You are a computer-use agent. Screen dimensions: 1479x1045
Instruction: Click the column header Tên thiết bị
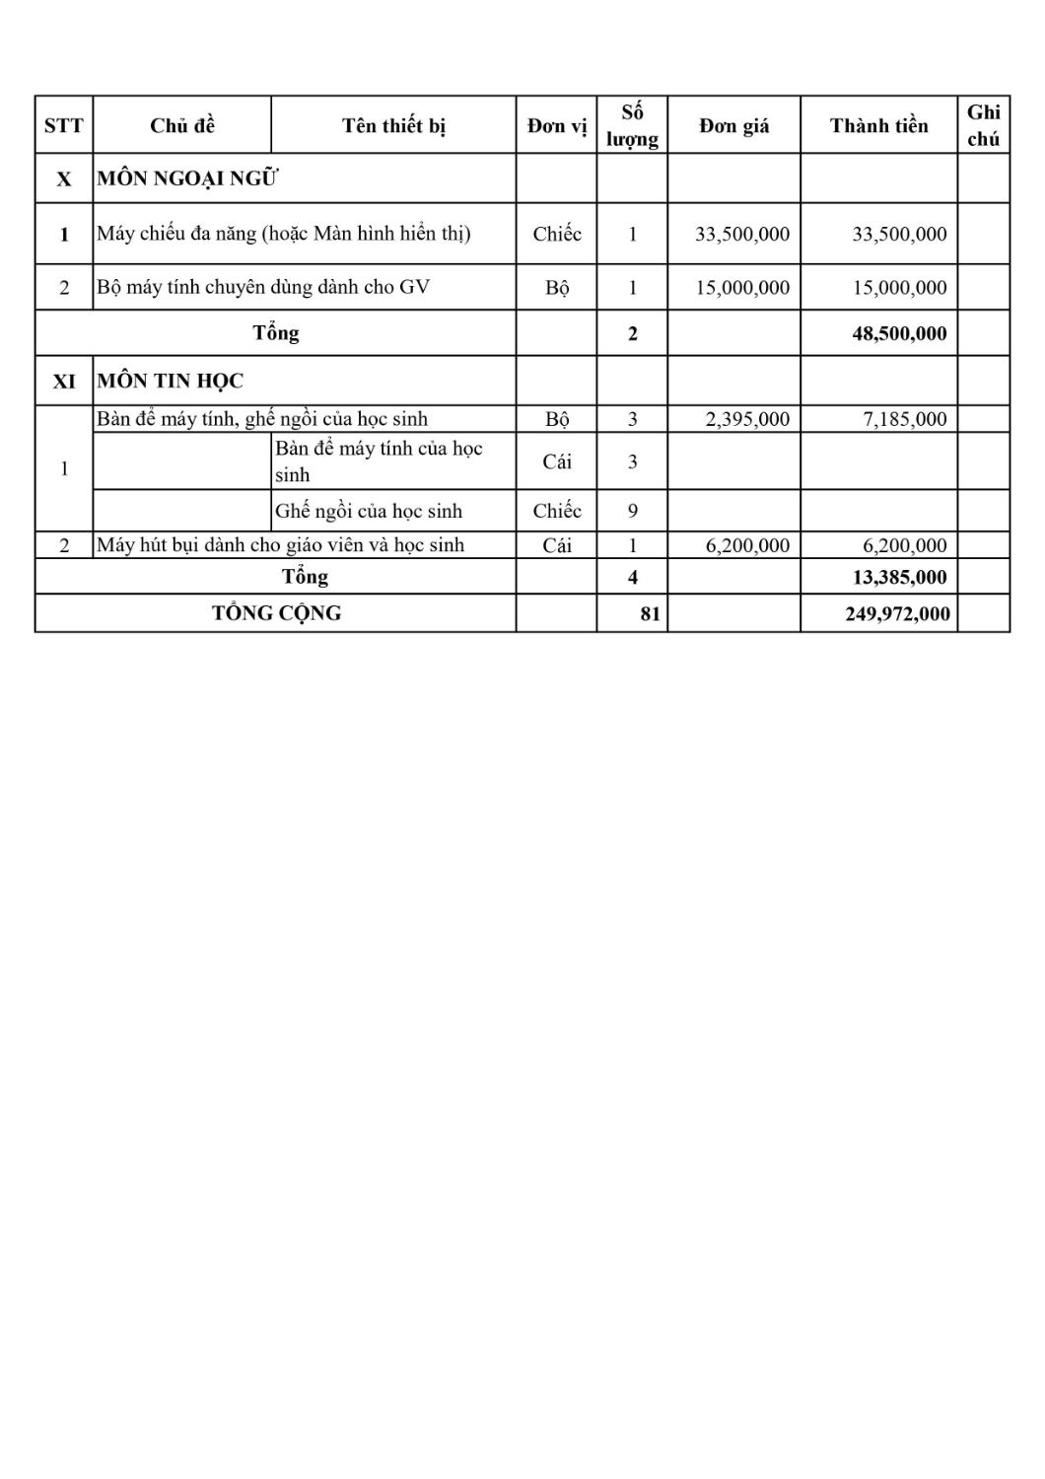click(393, 125)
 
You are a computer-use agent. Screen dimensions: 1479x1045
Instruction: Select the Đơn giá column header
click(733, 125)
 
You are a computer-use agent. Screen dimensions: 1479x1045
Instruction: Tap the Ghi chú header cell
click(983, 125)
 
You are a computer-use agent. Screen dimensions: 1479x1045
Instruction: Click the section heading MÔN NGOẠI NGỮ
click(187, 178)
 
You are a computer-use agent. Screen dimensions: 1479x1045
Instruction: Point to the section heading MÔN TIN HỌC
click(170, 381)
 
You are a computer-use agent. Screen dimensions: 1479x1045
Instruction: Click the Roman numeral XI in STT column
click(64, 381)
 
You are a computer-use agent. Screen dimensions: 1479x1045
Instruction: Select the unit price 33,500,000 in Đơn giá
click(741, 234)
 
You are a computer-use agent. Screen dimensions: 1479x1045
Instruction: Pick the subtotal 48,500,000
click(898, 333)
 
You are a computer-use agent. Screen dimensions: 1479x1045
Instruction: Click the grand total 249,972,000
click(897, 613)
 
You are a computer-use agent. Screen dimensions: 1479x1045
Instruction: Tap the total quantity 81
click(650, 613)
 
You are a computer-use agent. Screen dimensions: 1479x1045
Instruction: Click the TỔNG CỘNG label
click(276, 613)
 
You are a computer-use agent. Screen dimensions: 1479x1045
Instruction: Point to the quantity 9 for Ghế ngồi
click(632, 511)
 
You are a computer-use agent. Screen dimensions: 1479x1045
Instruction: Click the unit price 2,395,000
click(747, 419)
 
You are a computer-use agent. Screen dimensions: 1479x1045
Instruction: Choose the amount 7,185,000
click(904, 419)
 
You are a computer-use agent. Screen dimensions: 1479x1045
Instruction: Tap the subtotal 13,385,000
click(898, 577)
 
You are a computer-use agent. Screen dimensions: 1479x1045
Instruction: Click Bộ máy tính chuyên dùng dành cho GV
click(263, 287)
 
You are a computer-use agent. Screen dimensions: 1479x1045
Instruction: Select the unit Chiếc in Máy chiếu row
click(557, 234)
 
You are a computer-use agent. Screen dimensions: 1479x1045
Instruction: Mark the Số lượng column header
click(632, 125)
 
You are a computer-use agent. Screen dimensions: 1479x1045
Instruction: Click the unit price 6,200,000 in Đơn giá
click(747, 545)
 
